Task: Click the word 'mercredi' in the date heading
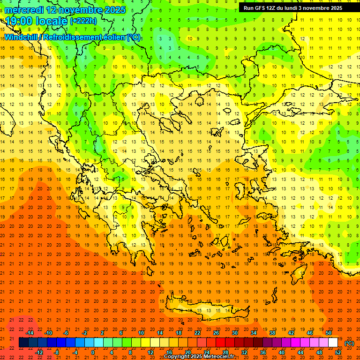24,10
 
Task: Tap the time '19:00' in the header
19,21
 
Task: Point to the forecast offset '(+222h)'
83,21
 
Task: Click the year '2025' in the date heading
112,10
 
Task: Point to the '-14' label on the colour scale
30,333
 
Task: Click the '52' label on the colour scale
337,352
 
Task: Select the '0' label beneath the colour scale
93,352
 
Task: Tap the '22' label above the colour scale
198,333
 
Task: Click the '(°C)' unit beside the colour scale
349,343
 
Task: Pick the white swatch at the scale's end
333,343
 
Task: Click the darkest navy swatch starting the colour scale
23,343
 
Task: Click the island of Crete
206,309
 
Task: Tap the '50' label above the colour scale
328,333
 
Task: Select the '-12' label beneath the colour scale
39,352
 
